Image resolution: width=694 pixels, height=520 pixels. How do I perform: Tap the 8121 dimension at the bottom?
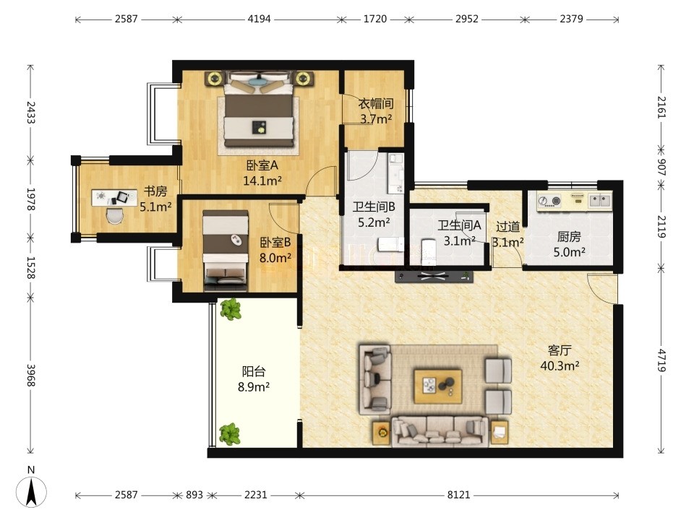(x=458, y=495)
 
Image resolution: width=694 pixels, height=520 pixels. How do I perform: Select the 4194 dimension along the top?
(x=259, y=19)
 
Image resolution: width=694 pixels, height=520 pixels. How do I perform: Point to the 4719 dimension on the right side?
(x=661, y=360)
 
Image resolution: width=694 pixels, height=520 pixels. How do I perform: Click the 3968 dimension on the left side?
(x=30, y=375)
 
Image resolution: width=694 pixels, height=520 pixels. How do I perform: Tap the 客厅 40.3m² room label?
(x=560, y=358)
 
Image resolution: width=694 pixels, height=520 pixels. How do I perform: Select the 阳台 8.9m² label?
(x=254, y=379)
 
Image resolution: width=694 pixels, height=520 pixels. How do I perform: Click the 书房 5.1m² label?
(x=155, y=199)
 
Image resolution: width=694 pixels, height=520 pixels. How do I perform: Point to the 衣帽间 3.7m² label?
(x=376, y=111)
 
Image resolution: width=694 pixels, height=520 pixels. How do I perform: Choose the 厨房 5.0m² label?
(x=569, y=244)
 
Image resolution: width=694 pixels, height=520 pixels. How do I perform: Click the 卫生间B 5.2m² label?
(x=374, y=214)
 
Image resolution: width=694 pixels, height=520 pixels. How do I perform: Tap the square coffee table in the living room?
(x=438, y=386)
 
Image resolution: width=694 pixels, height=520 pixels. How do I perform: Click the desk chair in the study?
(x=116, y=216)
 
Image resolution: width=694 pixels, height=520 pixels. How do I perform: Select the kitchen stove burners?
(x=549, y=201)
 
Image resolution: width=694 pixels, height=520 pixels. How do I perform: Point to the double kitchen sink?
(x=600, y=201)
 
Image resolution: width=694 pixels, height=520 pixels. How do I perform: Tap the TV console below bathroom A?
(x=434, y=277)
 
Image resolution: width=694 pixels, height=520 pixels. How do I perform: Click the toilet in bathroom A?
(x=428, y=253)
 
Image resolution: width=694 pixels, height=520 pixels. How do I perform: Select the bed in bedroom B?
(x=226, y=250)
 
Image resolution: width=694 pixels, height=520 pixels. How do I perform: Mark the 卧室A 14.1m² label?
(x=262, y=173)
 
